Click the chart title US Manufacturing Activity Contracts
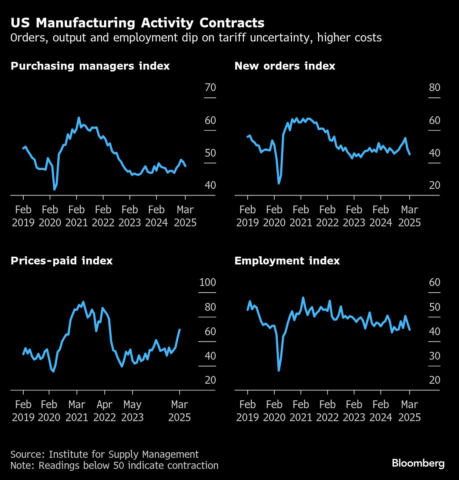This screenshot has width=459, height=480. [137, 23]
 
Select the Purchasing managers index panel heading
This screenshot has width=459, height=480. [90, 66]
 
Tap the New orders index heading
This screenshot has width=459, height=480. [285, 66]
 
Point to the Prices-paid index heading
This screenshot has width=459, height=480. [61, 261]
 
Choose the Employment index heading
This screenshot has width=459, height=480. [287, 261]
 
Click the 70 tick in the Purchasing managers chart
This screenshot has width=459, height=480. [210, 87]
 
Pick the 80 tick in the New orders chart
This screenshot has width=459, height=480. [435, 87]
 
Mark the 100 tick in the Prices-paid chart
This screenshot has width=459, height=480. [207, 282]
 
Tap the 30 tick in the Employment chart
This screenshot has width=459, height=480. [435, 356]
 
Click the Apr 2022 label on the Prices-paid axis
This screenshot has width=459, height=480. [105, 411]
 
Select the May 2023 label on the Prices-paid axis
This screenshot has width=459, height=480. [132, 411]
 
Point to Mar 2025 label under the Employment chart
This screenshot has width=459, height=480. [409, 411]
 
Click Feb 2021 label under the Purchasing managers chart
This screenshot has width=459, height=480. [77, 216]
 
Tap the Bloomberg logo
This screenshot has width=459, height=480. [418, 463]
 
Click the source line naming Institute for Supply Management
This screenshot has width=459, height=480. [104, 454]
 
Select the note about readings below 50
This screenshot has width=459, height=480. [114, 466]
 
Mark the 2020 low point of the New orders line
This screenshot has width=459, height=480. [279, 183]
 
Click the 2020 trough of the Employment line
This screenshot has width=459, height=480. [279, 370]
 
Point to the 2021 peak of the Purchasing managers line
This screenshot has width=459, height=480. [78, 118]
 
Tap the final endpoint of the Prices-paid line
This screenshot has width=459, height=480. [180, 330]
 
